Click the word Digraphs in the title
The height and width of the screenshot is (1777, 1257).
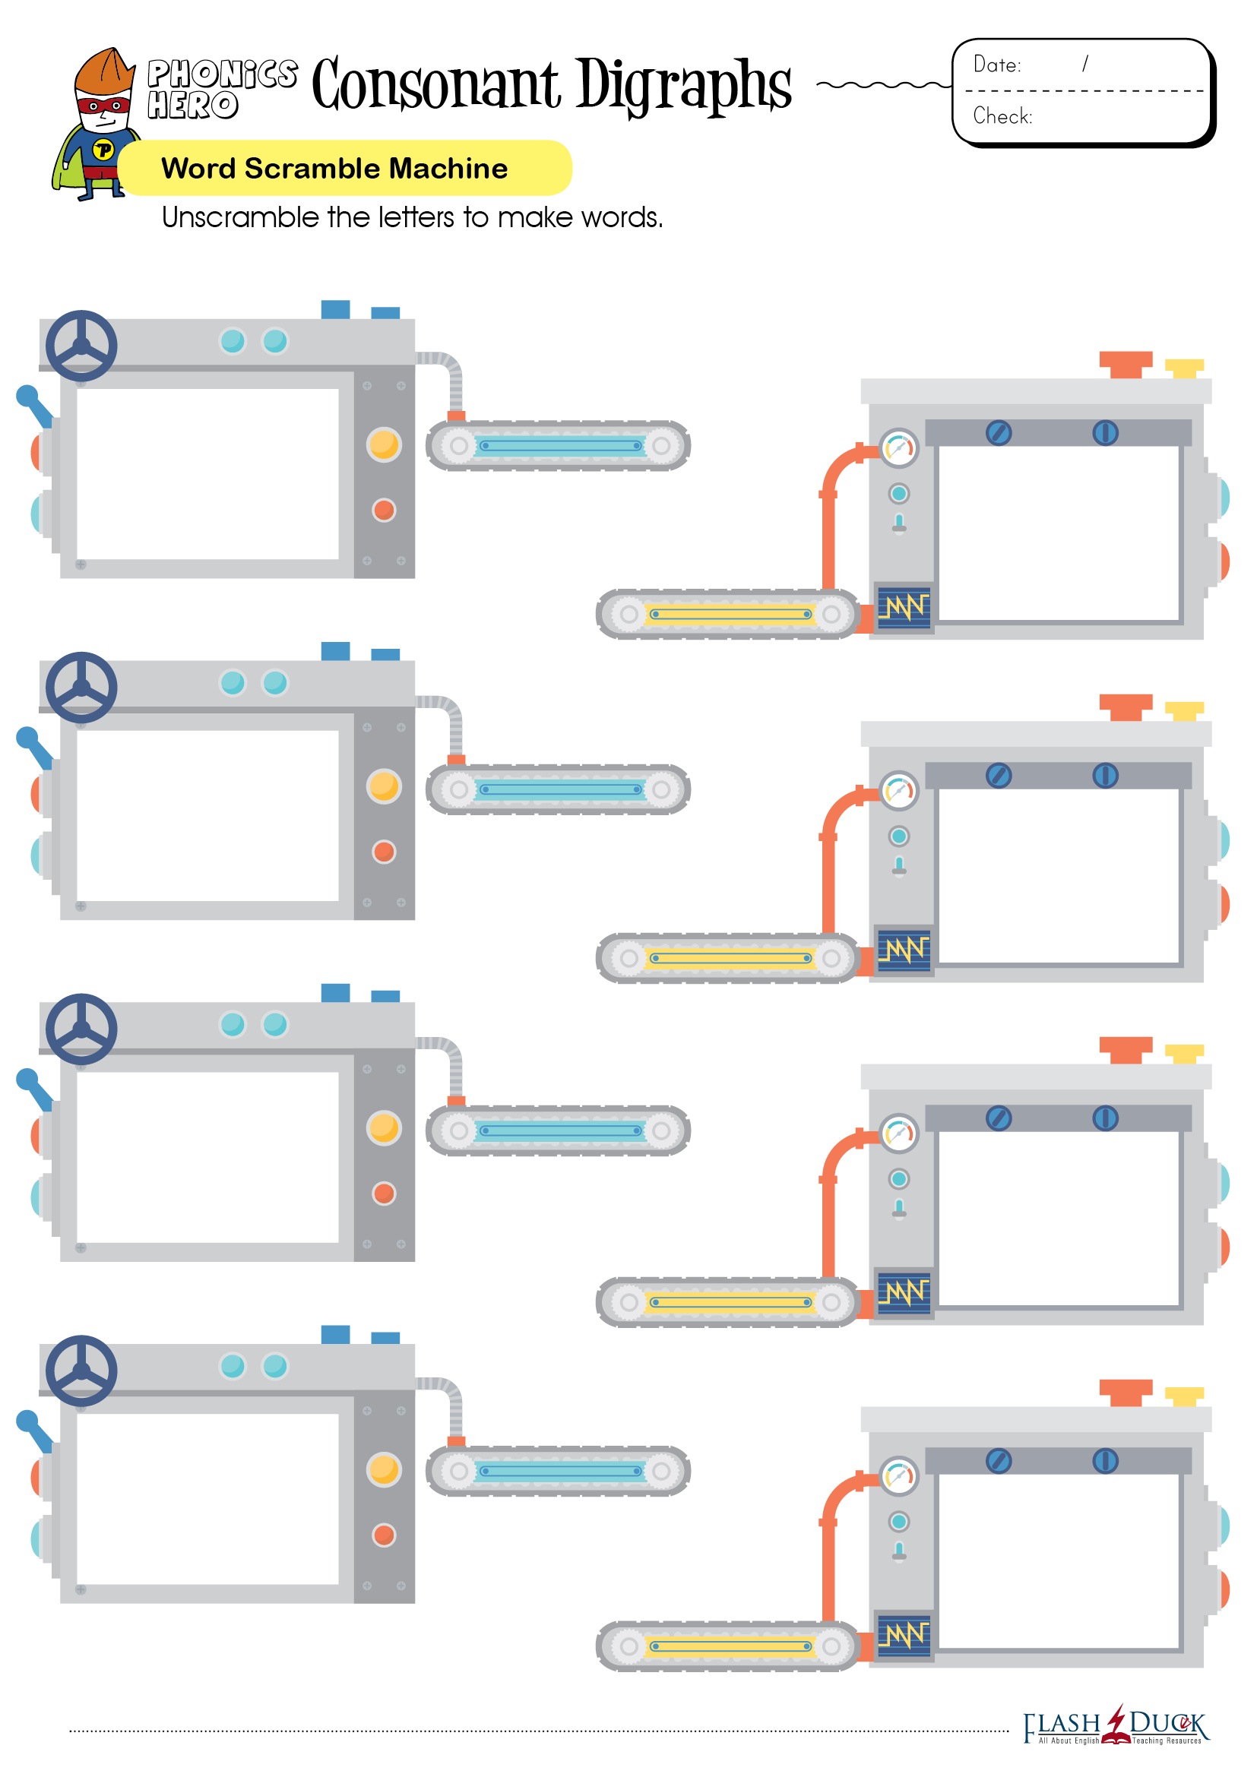683,86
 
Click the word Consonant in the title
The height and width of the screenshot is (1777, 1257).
435,84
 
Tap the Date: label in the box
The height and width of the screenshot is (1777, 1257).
997,65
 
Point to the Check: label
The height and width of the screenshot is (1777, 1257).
1002,116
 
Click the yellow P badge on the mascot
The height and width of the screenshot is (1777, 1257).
103,150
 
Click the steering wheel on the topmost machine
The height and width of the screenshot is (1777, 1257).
81,346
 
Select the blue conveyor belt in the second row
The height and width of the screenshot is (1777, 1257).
558,789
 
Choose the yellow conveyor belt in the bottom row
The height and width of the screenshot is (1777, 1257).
728,1646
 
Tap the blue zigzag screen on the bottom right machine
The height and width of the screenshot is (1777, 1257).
904,1635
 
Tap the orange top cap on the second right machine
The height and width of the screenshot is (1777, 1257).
1126,707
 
